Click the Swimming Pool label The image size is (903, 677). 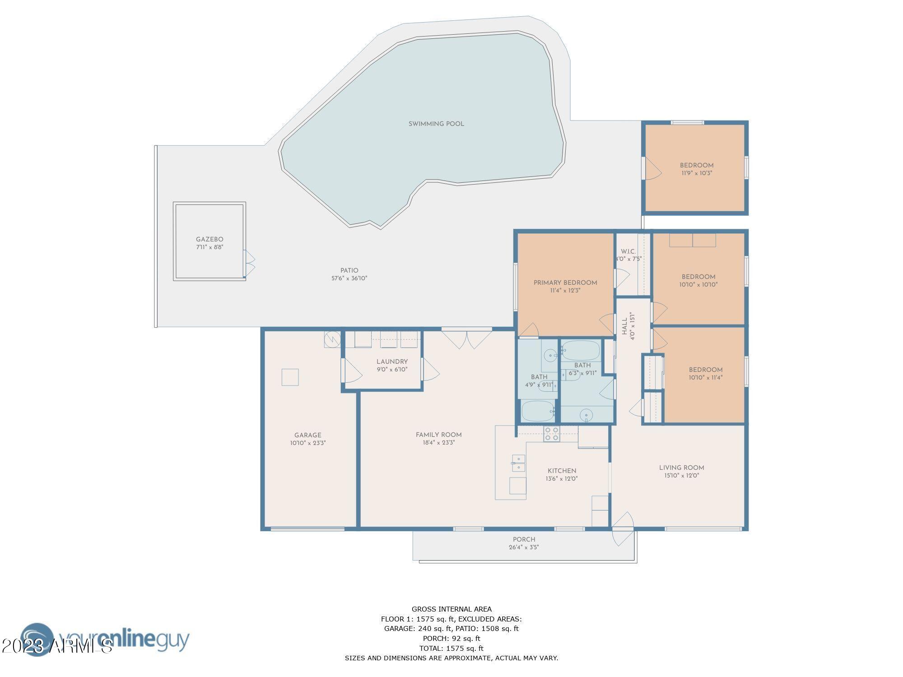point(436,124)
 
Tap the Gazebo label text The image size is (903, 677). point(209,240)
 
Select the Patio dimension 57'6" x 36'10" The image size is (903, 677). point(349,278)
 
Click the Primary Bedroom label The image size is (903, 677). point(565,283)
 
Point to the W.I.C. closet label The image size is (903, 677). point(628,251)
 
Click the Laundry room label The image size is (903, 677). point(392,362)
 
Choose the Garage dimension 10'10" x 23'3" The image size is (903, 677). point(308,443)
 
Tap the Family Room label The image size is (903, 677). point(439,435)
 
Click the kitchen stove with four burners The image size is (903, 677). point(551,434)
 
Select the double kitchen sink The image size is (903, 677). point(519,463)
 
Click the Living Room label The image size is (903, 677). point(682,468)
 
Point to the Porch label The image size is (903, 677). point(524,539)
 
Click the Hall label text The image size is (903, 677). point(624,326)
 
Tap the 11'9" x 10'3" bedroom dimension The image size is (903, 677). point(697,173)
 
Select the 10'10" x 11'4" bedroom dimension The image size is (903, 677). point(706,378)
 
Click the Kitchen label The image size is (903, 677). point(562,471)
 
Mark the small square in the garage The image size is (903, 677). point(290,377)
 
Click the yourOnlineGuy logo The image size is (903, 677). point(105,639)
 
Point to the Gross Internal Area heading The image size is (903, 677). point(451,609)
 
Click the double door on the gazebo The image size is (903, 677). point(249,264)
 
